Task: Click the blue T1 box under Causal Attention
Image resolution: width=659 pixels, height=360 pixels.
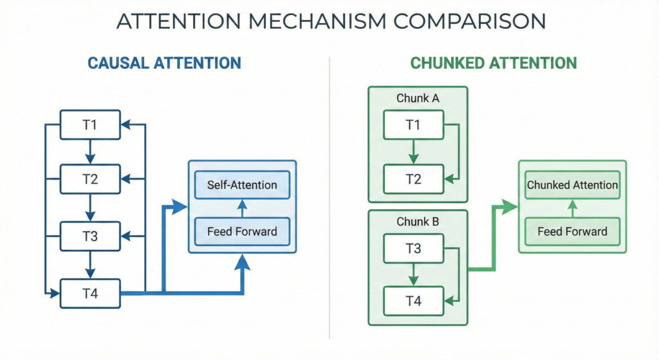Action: (90, 124)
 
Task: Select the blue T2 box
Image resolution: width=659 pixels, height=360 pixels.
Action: (90, 179)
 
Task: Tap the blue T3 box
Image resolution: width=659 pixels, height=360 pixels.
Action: (90, 236)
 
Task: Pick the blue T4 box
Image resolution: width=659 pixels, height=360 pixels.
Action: (90, 293)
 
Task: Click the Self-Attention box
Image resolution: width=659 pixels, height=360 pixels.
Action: (242, 185)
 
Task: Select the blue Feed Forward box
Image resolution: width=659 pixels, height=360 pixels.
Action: (242, 231)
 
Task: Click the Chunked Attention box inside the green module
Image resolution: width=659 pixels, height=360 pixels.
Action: (572, 185)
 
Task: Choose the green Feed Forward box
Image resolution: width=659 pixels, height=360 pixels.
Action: (572, 231)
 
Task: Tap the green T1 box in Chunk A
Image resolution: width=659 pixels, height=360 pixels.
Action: (413, 124)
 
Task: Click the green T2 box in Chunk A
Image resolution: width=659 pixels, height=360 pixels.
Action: (413, 179)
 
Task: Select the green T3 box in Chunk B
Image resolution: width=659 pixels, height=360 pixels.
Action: (413, 248)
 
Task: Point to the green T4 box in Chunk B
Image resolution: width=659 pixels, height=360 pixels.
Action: (413, 301)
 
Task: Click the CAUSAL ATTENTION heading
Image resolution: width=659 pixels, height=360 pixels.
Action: (164, 63)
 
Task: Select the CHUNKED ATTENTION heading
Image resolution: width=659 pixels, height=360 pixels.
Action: (494, 63)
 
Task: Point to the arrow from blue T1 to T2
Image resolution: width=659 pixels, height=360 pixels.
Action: (90, 151)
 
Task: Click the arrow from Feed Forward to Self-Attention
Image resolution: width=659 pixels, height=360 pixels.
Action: (242, 208)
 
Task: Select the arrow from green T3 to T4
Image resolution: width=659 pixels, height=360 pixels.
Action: (413, 274)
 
